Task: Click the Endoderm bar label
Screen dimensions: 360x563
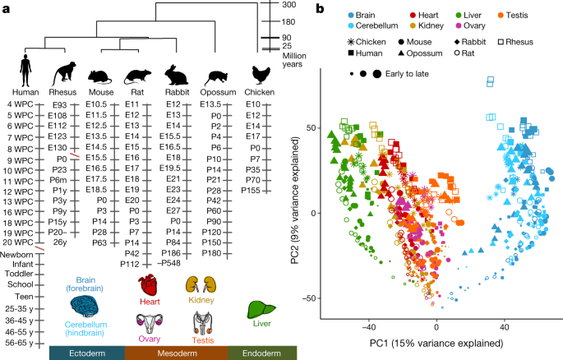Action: (258, 353)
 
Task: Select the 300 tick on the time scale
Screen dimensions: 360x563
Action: (288, 5)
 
